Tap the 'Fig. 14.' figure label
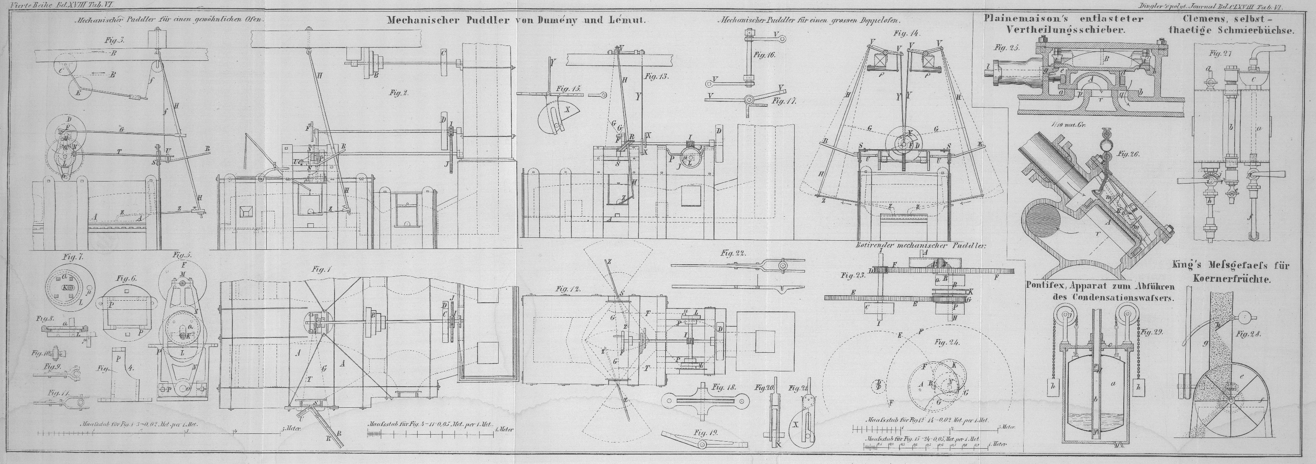(x=907, y=34)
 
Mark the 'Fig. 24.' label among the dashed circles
(x=947, y=342)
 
